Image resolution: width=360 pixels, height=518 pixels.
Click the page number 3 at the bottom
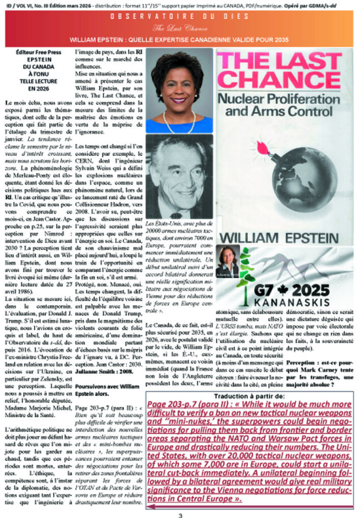(179, 514)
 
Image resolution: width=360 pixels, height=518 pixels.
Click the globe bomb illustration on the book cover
(304, 179)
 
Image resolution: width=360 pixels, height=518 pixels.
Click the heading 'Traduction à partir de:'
(252, 396)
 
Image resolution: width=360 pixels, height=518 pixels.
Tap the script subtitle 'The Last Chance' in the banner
(180, 28)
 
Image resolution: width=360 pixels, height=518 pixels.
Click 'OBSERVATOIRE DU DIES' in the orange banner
(180, 17)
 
